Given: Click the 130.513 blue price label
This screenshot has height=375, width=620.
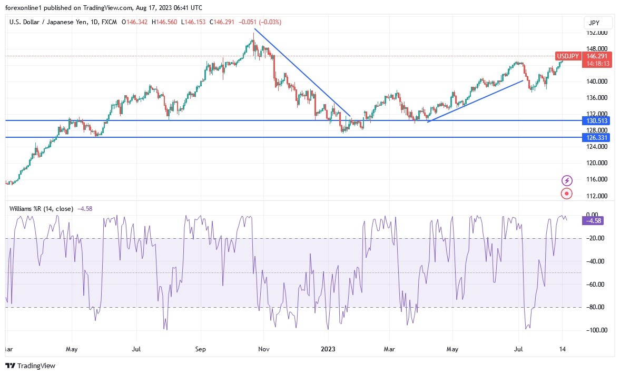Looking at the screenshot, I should pos(596,121).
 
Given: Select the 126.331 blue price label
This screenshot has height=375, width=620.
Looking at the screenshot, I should pos(596,138).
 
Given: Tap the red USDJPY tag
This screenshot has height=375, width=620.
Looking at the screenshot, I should pos(568,56).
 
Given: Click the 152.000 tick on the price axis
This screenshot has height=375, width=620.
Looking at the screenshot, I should pos(597,33).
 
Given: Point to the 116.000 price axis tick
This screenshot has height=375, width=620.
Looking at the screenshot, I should pos(597,179).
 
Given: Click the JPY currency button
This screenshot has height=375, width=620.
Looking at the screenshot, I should pos(598,23).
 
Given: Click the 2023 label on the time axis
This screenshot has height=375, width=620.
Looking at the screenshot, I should pos(328,349).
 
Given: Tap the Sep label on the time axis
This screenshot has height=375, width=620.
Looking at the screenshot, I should pos(200,349).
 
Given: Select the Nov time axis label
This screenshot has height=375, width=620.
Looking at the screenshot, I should pos(264,349).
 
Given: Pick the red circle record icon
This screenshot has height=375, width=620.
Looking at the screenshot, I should pos(567,194).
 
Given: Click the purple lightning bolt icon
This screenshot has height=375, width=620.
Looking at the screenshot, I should pos(567,180).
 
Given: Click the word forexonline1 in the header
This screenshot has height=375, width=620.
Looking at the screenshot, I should pos(25,7).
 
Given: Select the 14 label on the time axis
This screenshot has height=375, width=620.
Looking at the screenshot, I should pos(562,349).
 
